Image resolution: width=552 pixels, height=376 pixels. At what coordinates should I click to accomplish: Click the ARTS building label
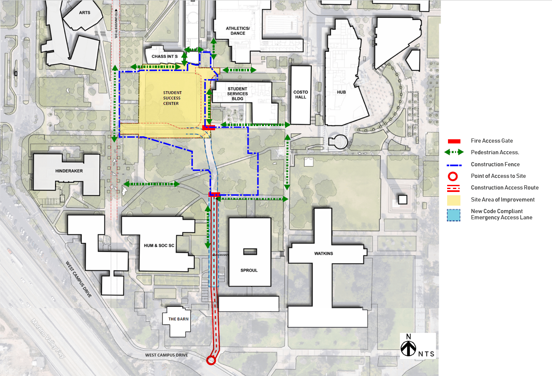pyautogui.click(x=85, y=13)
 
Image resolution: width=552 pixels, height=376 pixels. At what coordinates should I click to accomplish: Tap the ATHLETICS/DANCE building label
pyautogui.click(x=238, y=31)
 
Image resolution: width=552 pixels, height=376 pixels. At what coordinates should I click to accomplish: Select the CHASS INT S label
pyautogui.click(x=165, y=56)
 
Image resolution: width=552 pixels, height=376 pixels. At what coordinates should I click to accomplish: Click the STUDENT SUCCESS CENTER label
pyautogui.click(x=172, y=98)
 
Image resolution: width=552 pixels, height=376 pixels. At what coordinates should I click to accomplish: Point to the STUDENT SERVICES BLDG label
pyautogui.click(x=237, y=94)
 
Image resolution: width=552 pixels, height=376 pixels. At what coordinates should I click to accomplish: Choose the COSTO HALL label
pyautogui.click(x=301, y=95)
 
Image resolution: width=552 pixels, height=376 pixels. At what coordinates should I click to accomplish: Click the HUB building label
pyautogui.click(x=341, y=92)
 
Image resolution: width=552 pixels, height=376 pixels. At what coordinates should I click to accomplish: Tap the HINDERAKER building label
pyautogui.click(x=69, y=171)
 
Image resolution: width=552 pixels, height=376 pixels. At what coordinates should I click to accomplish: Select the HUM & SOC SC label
pyautogui.click(x=159, y=245)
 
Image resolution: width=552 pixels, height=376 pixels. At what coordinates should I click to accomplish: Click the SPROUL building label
pyautogui.click(x=249, y=270)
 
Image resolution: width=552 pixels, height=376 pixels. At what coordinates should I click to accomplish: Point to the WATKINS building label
pyautogui.click(x=324, y=253)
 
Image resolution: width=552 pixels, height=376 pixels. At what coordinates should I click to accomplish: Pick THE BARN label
pyautogui.click(x=178, y=319)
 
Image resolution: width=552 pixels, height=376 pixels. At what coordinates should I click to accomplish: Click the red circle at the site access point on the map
pyautogui.click(x=211, y=360)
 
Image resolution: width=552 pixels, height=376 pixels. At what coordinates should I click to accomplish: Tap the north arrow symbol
pyautogui.click(x=409, y=346)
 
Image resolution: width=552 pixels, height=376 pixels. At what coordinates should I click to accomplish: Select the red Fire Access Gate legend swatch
pyautogui.click(x=454, y=141)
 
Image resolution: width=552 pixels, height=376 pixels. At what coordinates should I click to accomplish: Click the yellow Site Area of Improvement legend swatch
pyautogui.click(x=454, y=200)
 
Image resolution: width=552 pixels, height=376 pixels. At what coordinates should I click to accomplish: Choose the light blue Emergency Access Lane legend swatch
pyautogui.click(x=454, y=215)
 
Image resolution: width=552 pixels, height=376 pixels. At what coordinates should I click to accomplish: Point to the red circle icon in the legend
pyautogui.click(x=453, y=177)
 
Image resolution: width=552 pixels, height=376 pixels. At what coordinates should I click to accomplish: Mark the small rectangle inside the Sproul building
pyautogui.click(x=250, y=252)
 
